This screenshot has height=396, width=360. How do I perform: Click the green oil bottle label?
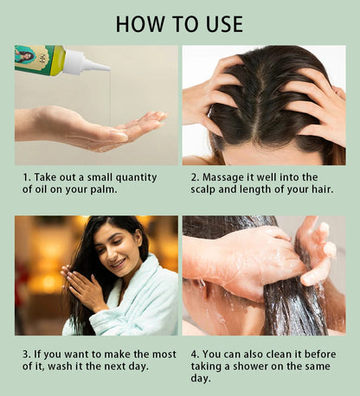(x=35, y=58)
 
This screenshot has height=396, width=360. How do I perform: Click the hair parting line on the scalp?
(x=260, y=104)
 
